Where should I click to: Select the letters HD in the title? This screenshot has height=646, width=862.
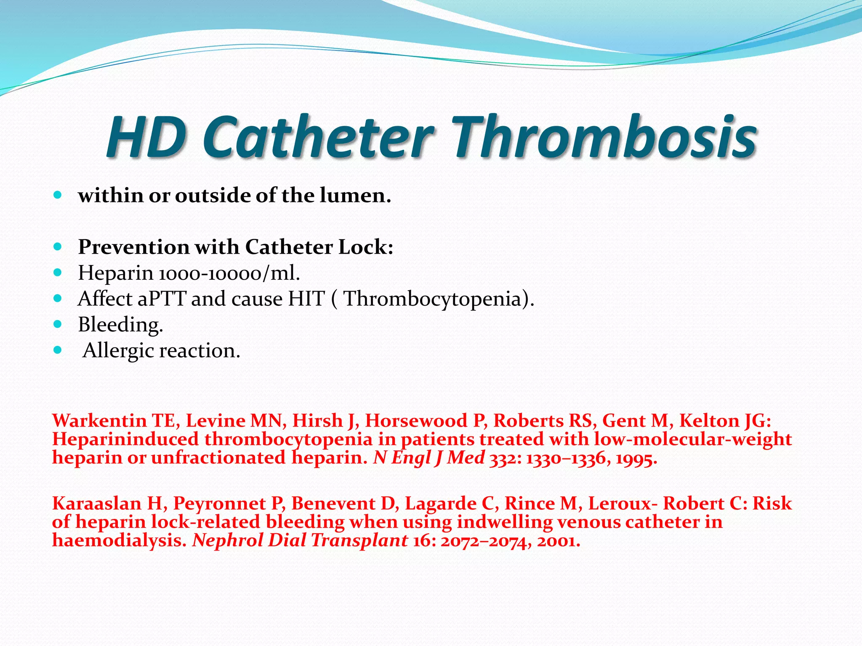point(146,138)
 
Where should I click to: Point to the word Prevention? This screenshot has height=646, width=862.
point(133,247)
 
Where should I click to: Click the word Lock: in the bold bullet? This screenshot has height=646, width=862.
point(366,247)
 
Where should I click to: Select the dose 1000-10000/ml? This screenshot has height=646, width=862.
point(229,273)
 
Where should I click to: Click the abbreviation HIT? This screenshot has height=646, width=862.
point(306,299)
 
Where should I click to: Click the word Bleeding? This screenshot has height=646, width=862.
point(120,325)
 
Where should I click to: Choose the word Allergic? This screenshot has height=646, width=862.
point(119,351)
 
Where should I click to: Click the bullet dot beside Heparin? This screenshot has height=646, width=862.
point(58,273)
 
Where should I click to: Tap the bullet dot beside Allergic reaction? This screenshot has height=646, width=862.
point(58,350)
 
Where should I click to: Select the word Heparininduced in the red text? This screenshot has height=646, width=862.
point(125,439)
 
